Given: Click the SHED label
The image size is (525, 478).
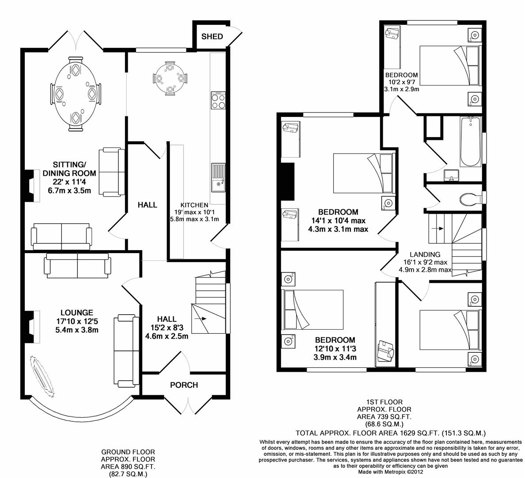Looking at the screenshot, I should (x=212, y=36).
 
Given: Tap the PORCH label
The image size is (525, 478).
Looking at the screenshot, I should (x=184, y=385).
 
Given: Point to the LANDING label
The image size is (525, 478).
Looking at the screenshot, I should (x=425, y=254).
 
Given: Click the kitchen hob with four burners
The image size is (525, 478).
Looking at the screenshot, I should (x=218, y=101).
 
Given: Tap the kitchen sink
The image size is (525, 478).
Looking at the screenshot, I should (x=218, y=177).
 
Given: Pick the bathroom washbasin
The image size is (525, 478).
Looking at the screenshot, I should (x=451, y=175).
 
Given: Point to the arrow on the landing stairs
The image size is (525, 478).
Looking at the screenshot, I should (x=439, y=228).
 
